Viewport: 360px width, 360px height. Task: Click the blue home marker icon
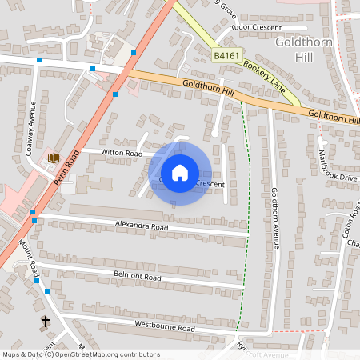click(180, 173)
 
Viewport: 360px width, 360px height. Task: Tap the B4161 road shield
click(226, 56)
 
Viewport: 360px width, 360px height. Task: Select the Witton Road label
click(122, 153)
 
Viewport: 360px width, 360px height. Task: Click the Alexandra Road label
click(142, 226)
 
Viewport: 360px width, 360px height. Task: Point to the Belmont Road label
click(138, 278)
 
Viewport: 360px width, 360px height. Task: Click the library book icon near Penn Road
click(53, 158)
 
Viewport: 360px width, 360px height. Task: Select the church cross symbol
click(45, 322)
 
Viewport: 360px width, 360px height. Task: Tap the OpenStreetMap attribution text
click(80, 354)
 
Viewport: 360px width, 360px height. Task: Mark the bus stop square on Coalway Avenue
click(38, 60)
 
